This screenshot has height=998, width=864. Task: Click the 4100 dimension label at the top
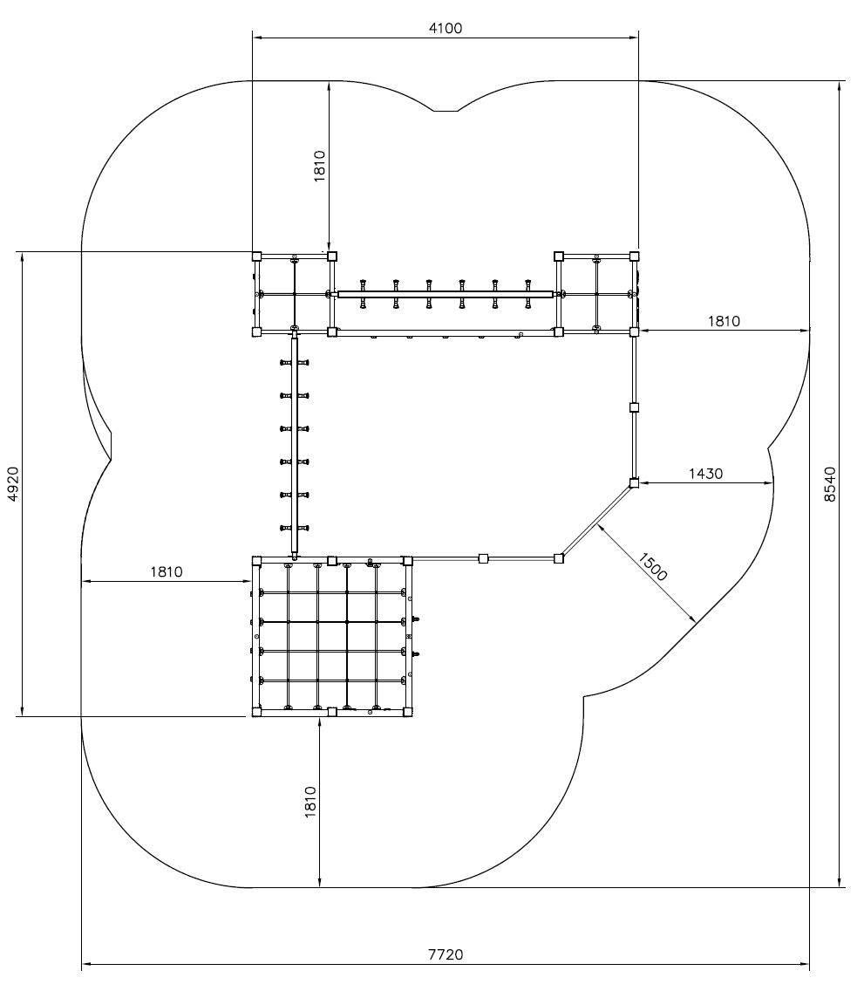coord(446,29)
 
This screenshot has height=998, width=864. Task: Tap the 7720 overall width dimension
coord(446,954)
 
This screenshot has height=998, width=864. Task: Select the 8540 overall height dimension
coord(830,484)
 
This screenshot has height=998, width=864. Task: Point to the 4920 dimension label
coord(13,484)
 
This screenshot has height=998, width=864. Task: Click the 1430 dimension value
coord(705,474)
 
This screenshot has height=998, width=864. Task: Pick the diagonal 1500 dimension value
coord(652,567)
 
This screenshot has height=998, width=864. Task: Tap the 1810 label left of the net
coord(167,572)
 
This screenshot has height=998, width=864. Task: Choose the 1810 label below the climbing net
coord(310,802)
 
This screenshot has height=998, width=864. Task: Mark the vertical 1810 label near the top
coord(319,166)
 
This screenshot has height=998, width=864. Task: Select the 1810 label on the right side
coord(724,321)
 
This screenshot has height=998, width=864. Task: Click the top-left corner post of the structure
coord(256,256)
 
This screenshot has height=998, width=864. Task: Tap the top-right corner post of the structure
coord(634,256)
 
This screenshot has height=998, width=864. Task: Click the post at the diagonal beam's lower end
coord(559,559)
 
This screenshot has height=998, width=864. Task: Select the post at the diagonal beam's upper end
coord(634,483)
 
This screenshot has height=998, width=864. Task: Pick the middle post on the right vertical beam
coord(634,407)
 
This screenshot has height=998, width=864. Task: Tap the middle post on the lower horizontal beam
coord(483,559)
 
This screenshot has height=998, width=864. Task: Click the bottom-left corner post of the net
coord(256,712)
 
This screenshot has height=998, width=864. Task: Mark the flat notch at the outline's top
coord(446,112)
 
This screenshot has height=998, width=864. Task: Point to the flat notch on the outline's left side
coord(112,446)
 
